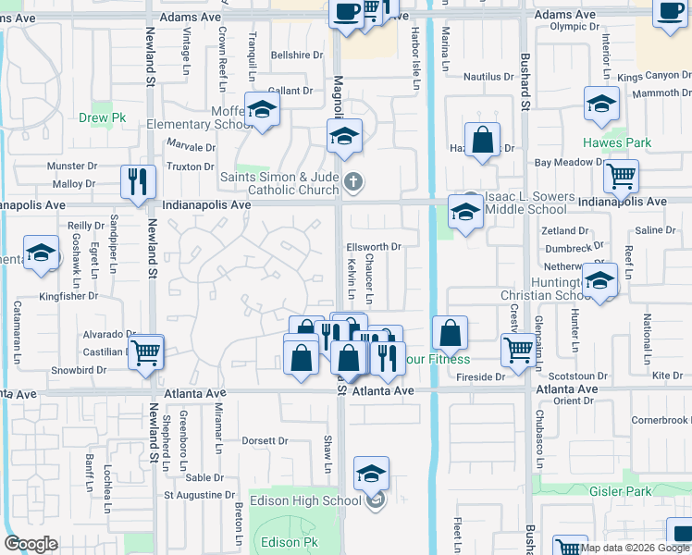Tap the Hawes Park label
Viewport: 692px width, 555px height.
point(617,142)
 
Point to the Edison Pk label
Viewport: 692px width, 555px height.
point(282,542)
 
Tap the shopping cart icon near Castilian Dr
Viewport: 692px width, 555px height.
point(146,351)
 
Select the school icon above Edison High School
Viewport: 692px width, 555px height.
point(371,473)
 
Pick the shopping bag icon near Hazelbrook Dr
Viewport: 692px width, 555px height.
point(482,141)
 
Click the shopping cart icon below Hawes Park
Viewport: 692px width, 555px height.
point(621,174)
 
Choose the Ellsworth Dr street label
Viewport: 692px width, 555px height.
point(374,247)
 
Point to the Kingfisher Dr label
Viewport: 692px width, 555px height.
point(68,296)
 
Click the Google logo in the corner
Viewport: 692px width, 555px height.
point(31,544)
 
